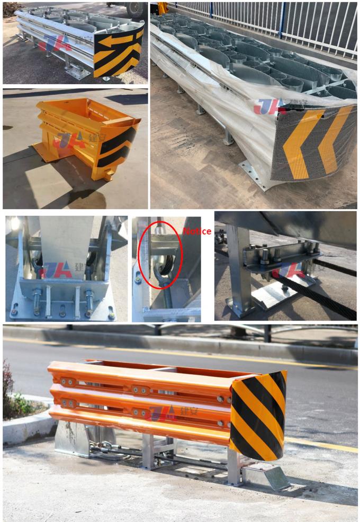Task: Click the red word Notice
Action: pos(197,231)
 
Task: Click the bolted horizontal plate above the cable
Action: pos(281,262)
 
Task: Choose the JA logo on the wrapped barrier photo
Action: pos(270,106)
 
